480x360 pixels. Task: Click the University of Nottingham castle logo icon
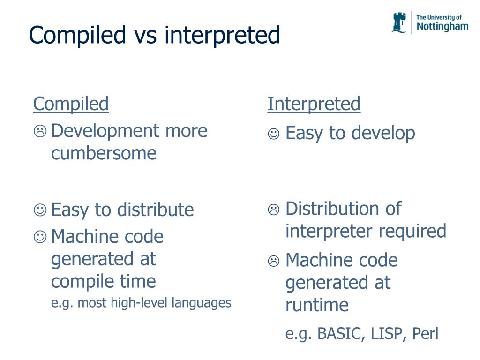[399, 22]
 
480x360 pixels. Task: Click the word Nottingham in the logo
[442, 27]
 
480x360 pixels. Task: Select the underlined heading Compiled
[71, 104]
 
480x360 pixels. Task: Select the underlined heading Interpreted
[314, 104]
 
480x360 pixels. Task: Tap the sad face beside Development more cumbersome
[40, 132]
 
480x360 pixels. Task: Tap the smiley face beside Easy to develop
[274, 134]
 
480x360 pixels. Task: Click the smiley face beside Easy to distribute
[40, 210]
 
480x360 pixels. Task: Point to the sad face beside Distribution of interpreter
[274, 210]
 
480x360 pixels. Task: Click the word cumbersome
[104, 153]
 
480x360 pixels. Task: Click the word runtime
[317, 305]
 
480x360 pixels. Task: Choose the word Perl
[425, 334]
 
